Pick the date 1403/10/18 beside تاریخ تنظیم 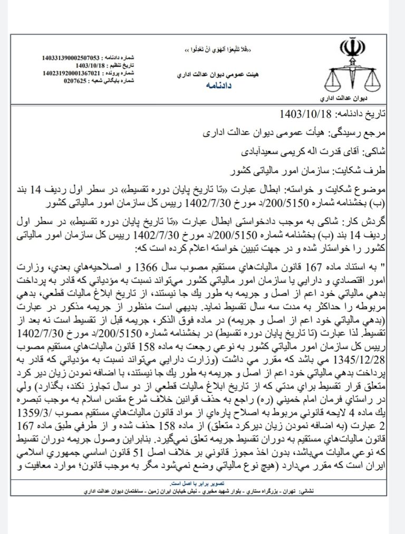click(x=91, y=65)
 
